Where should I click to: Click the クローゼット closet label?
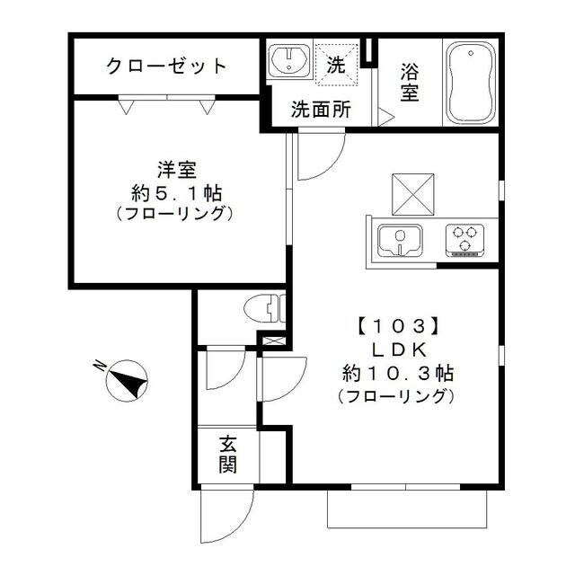click(166, 66)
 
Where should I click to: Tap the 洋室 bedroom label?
click(177, 168)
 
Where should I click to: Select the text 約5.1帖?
click(177, 191)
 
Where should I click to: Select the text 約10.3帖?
click(396, 373)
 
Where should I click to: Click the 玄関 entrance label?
click(228, 454)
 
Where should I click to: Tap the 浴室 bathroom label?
click(410, 80)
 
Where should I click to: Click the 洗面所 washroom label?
click(320, 111)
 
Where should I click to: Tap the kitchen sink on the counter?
click(398, 240)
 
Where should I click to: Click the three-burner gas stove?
click(464, 240)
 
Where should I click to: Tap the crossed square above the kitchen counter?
click(411, 192)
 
